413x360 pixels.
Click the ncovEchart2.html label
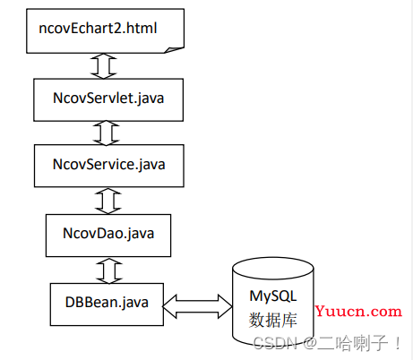pos(98,29)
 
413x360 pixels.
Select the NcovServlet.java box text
pos(108,99)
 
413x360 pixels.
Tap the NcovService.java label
pos(109,165)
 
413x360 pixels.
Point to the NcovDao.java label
pos(108,234)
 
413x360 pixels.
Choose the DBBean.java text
pos(107,303)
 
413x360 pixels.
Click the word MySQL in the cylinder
pos(273,296)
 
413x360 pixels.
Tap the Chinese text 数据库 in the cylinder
pos(273,320)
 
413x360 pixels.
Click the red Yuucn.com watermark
pos(358,311)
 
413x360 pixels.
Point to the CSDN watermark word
pos(275,343)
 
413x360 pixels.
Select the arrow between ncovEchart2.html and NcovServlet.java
pos(104,66)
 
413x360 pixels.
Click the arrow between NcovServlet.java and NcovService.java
pos(106,133)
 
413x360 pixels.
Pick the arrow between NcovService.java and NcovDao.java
pos(108,201)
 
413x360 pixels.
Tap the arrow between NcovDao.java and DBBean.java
pos(109,271)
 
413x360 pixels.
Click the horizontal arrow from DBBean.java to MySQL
pos(197,306)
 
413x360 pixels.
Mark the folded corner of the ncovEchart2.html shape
pos(174,50)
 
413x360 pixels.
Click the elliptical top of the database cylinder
pos(273,268)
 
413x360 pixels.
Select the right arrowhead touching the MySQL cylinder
pos(225,306)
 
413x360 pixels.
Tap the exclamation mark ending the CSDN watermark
pos(398,343)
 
